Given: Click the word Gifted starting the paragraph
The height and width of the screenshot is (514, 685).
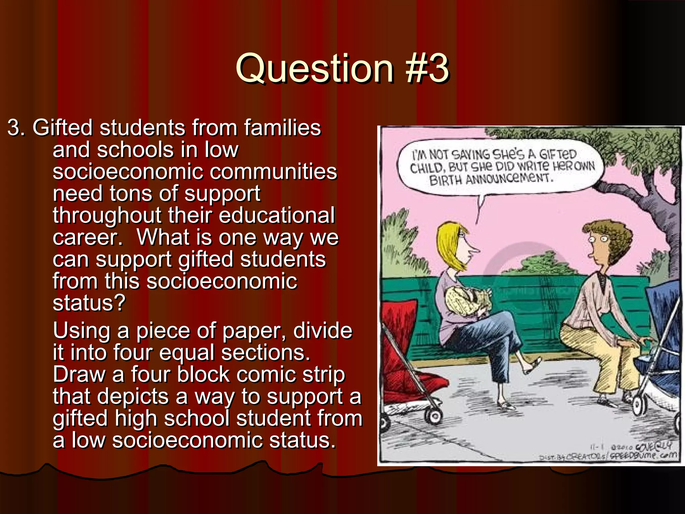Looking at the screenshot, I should (x=62, y=128).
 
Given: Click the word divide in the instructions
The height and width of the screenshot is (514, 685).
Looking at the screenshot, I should (x=322, y=331).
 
